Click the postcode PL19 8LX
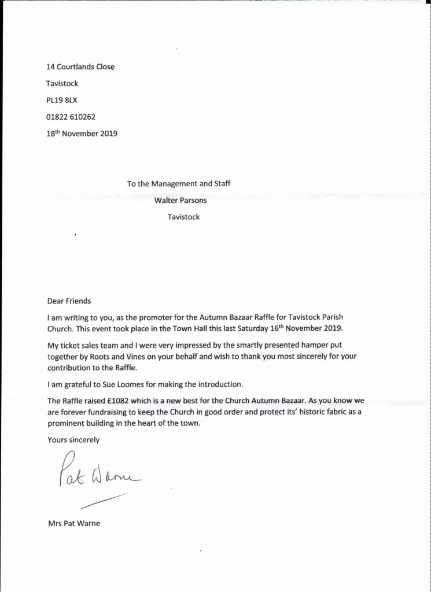click(62, 100)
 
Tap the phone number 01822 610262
click(71, 117)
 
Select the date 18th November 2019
click(82, 134)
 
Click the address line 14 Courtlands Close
click(80, 67)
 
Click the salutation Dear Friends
click(69, 301)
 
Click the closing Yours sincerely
click(73, 440)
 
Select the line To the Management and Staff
click(179, 184)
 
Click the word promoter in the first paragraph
click(163, 317)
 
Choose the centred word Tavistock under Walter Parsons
click(183, 217)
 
